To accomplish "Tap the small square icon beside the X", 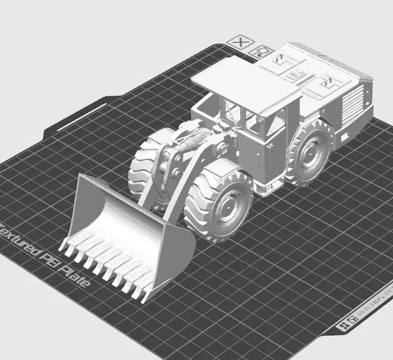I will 261,51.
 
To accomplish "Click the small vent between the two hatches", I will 296,75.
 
